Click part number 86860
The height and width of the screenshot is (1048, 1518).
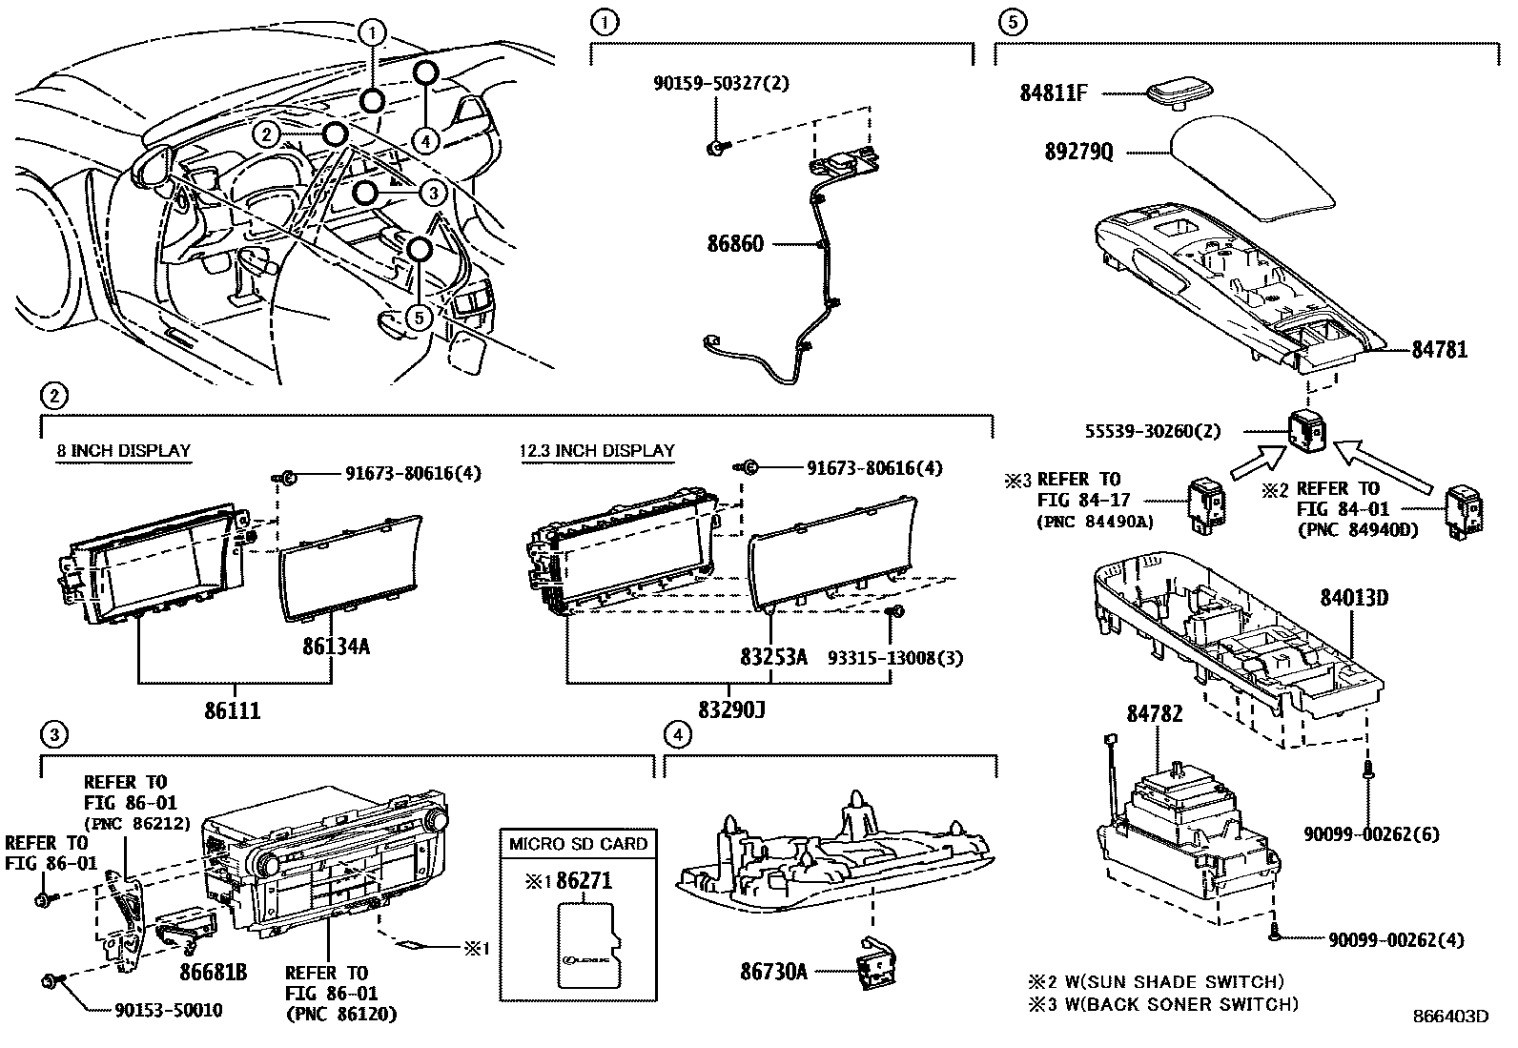click(734, 244)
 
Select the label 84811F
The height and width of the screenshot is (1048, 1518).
click(1054, 93)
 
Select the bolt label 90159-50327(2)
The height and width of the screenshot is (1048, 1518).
click(721, 83)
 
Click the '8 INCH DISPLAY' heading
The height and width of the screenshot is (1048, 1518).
click(123, 451)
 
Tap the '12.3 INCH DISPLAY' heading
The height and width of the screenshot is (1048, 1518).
click(597, 451)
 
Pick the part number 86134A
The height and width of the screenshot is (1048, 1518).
click(336, 647)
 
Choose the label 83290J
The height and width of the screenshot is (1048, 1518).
click(731, 711)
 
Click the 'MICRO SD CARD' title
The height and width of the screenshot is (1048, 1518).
click(578, 844)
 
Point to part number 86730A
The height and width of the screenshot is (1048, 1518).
click(773, 972)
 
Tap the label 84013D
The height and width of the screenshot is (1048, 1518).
click(1353, 599)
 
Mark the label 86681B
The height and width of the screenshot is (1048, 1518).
click(214, 972)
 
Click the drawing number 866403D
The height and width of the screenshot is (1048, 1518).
click(1450, 1017)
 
